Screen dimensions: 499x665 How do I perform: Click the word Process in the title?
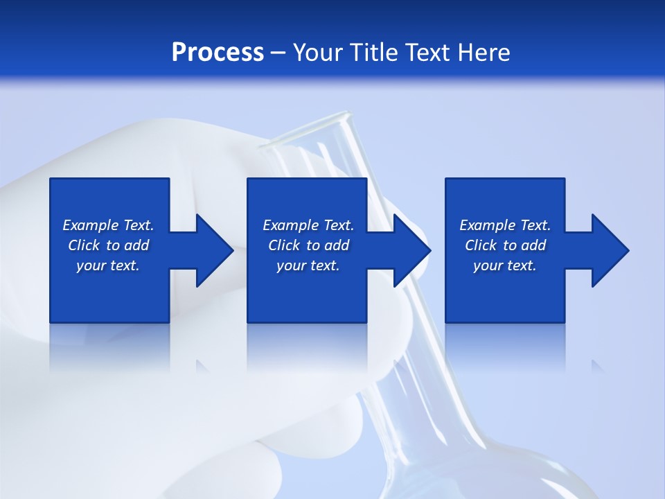(218, 52)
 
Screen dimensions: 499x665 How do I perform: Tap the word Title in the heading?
(373, 52)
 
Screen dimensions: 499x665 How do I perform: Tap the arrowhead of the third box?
(609, 250)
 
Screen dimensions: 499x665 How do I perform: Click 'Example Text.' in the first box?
(108, 225)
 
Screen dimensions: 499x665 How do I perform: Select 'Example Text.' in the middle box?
(308, 225)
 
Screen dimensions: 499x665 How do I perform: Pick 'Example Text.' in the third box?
(505, 225)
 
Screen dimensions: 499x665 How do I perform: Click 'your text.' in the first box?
(108, 265)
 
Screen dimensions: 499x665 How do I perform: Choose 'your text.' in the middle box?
(308, 265)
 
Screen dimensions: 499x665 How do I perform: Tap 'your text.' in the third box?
(505, 265)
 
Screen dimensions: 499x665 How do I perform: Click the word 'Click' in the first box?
(84, 245)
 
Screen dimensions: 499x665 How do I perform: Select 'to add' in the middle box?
(328, 245)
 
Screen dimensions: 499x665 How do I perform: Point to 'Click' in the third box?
(481, 245)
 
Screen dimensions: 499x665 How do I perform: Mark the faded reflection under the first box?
(109, 347)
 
